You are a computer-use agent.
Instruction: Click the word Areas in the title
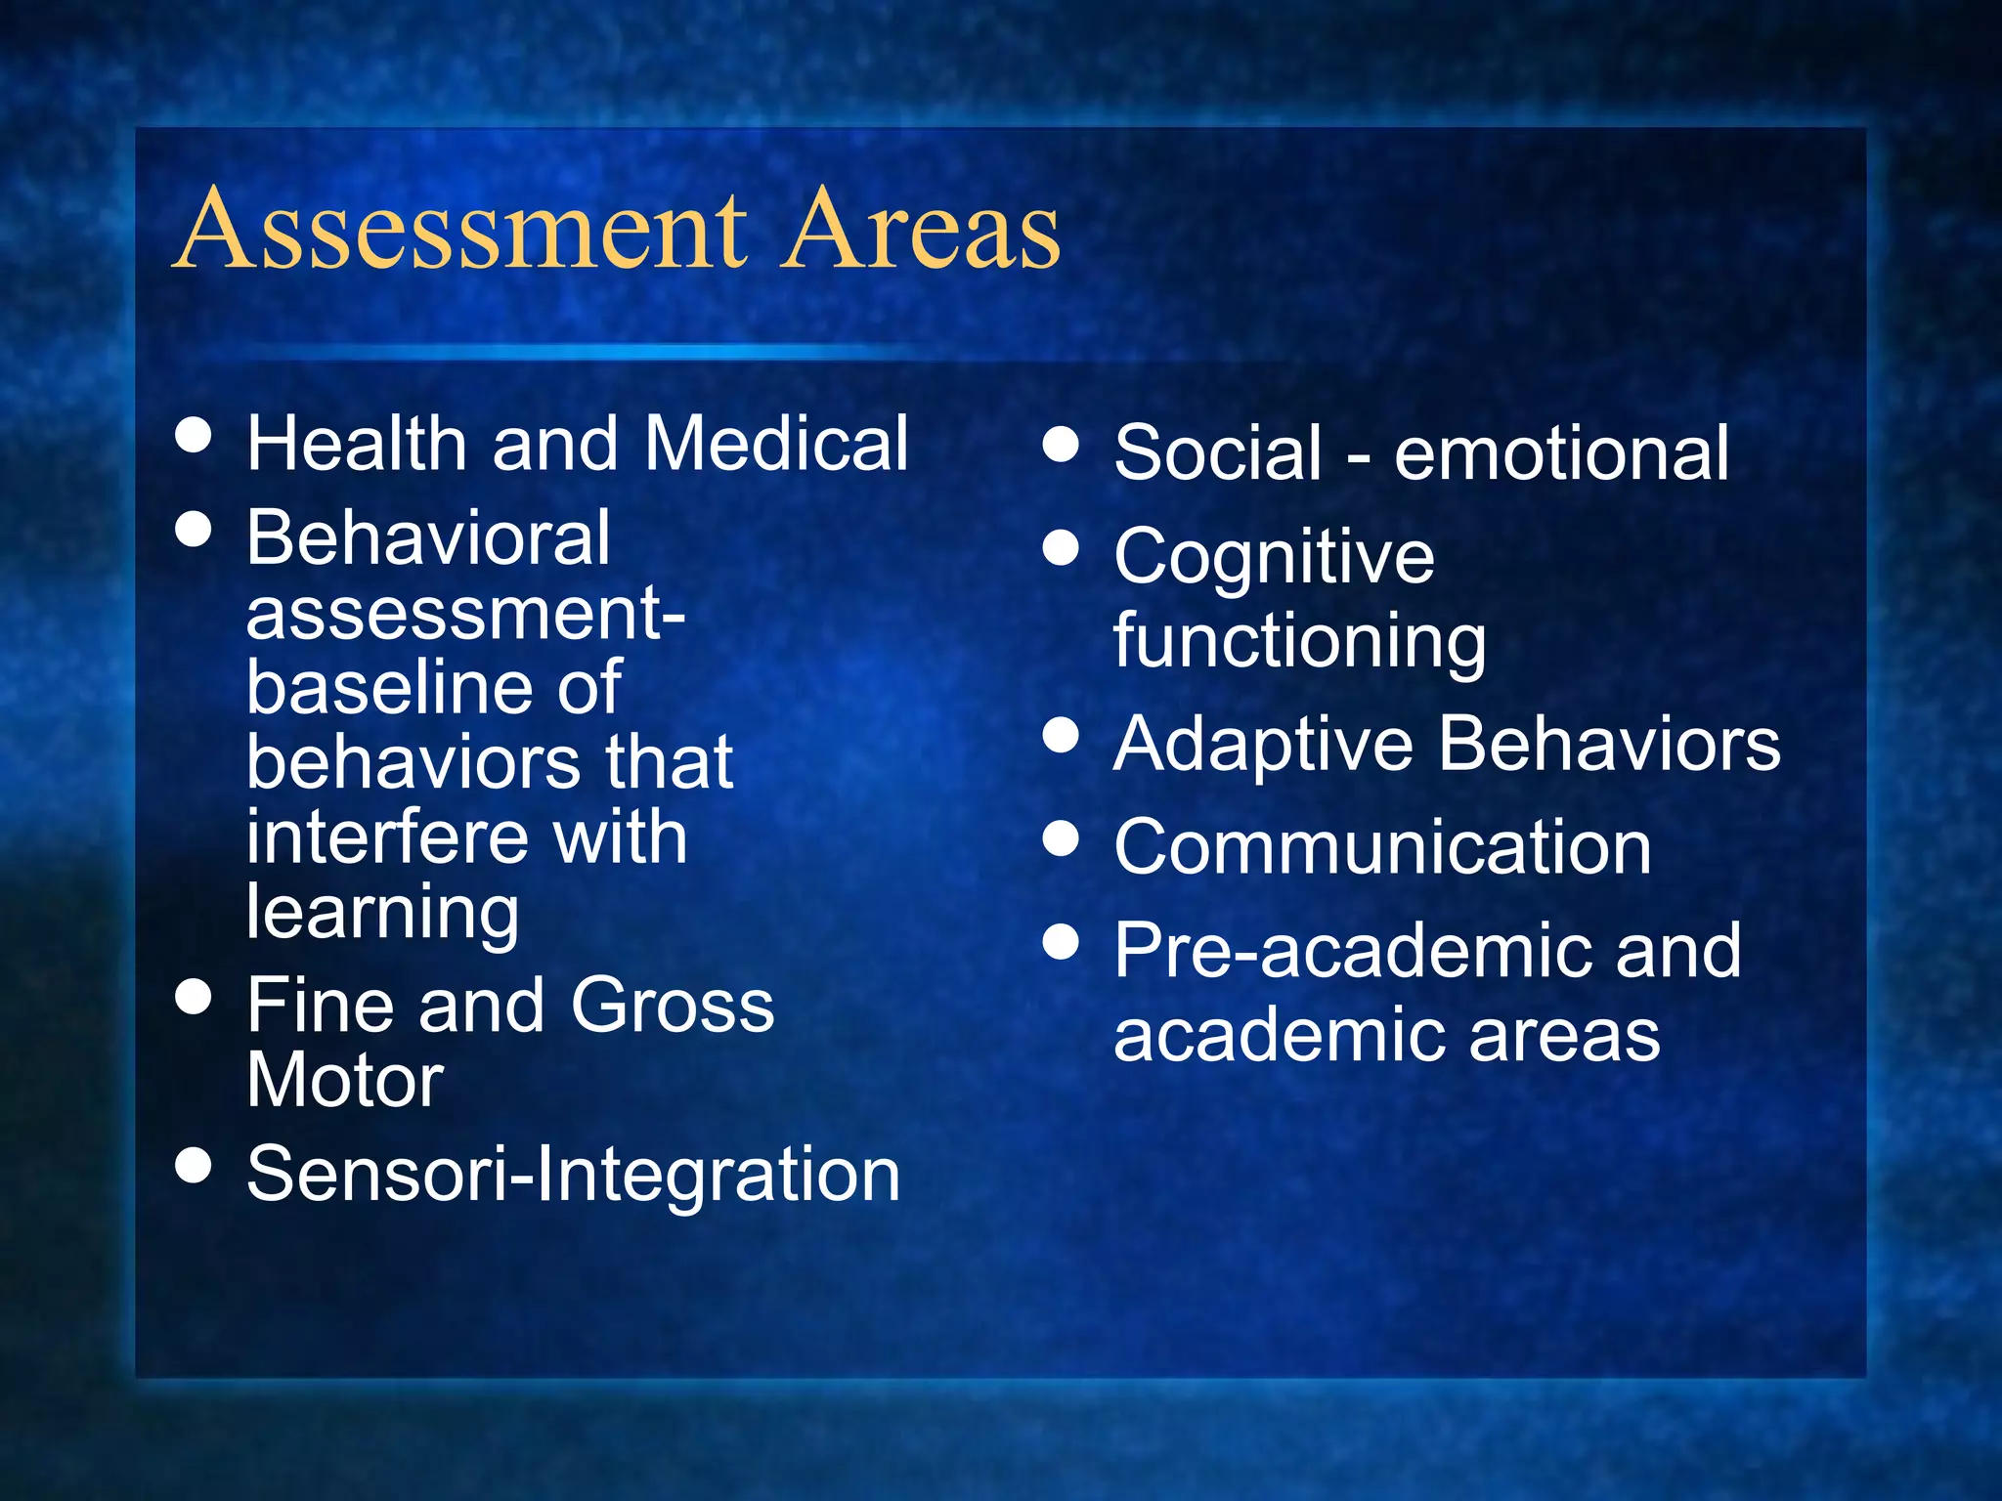click(x=921, y=230)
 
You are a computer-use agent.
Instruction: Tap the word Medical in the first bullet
click(x=776, y=444)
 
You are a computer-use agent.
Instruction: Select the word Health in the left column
click(x=357, y=444)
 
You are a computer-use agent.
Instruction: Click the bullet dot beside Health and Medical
click(x=194, y=435)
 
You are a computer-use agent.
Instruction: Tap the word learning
click(x=382, y=914)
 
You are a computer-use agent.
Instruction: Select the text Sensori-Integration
click(x=573, y=1174)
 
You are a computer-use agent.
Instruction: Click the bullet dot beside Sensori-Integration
click(x=194, y=1165)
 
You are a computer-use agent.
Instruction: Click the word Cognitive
click(x=1274, y=557)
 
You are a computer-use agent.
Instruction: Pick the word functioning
click(x=1299, y=641)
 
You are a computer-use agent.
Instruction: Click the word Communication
click(x=1382, y=847)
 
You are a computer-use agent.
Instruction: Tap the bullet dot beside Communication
click(x=1061, y=838)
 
